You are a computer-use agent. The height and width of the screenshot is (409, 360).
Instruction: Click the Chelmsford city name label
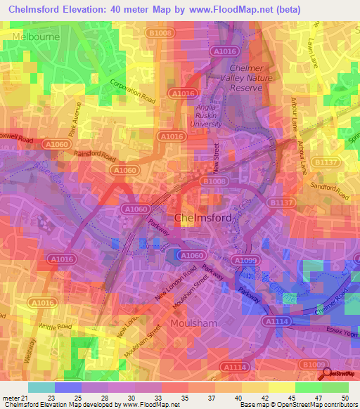(x=202, y=218)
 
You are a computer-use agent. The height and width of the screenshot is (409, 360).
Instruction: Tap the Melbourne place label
(x=34, y=35)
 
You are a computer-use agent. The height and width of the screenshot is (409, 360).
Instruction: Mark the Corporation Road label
(x=131, y=93)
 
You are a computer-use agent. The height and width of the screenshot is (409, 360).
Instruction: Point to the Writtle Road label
(x=55, y=327)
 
